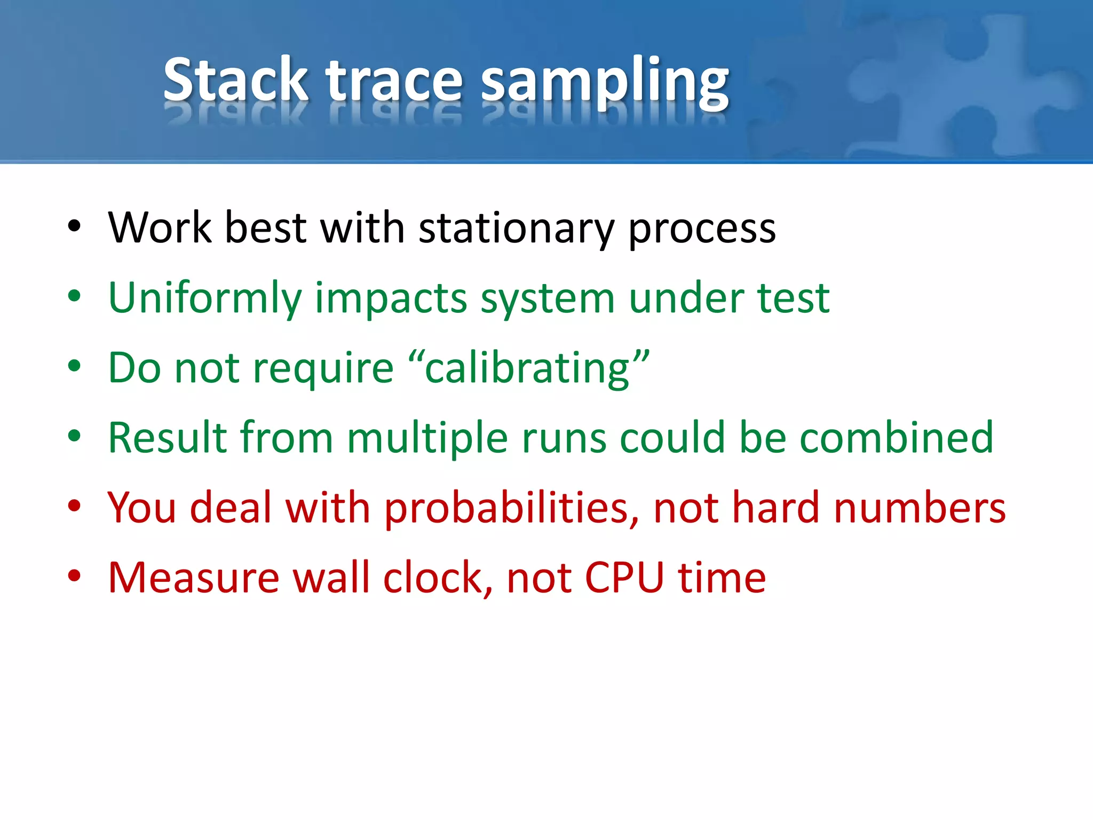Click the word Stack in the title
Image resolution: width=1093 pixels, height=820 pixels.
click(x=235, y=80)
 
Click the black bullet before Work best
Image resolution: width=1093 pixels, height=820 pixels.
click(x=74, y=226)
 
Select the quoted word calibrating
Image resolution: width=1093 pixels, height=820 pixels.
click(x=528, y=368)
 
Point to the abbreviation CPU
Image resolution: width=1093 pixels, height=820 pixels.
click(x=624, y=578)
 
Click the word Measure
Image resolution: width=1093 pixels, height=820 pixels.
click(x=193, y=578)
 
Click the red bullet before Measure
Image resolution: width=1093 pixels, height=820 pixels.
click(x=74, y=576)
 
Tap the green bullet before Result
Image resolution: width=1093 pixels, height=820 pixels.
click(x=74, y=436)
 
